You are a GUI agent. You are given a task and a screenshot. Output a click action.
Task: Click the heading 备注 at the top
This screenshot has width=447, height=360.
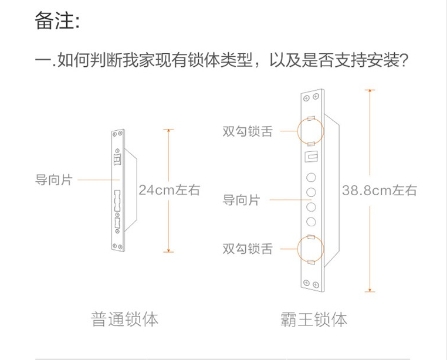56,22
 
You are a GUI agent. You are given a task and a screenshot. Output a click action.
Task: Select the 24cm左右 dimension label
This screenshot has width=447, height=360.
170,190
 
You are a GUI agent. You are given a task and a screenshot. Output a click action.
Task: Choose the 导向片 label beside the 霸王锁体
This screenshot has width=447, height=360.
241,201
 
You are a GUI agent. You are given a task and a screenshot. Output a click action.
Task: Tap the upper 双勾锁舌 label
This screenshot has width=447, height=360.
248,131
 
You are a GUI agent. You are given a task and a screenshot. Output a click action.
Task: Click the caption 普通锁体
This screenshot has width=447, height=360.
125,319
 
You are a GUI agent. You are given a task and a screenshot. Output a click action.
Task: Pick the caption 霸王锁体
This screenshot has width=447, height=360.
314,319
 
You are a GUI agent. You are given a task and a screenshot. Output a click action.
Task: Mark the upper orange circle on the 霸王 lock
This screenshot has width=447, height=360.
311,131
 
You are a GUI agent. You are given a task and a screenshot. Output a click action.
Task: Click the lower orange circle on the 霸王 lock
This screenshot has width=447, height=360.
311,249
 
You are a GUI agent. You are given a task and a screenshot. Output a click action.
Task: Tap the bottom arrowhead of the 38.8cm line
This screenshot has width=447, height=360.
370,290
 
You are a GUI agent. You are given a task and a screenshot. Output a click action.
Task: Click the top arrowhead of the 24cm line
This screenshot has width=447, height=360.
169,130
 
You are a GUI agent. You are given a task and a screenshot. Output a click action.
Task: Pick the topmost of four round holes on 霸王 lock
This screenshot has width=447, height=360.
311,178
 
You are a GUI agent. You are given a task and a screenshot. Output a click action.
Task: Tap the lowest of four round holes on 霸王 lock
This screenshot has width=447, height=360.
311,222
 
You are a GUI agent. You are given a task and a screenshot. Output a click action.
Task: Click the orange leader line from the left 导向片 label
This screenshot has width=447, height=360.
97,179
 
